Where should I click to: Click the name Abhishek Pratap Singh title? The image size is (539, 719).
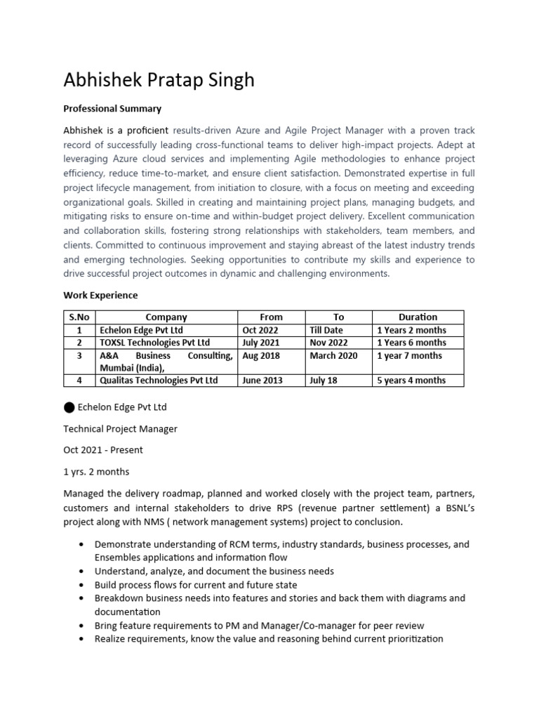coord(159,80)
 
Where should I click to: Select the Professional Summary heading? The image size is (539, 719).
coord(112,109)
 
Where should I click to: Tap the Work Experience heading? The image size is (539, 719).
coord(100,295)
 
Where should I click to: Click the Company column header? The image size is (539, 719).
coord(166,317)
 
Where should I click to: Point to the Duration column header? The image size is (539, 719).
coord(417,317)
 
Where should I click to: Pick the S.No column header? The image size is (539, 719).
coord(79,317)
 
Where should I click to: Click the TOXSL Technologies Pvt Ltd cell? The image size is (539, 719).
coord(154,343)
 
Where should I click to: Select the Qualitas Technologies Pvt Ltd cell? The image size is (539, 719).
coord(159,381)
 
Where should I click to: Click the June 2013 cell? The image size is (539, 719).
coord(261,381)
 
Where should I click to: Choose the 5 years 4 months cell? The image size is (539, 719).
coord(411,381)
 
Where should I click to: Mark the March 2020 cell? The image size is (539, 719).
coord(333,355)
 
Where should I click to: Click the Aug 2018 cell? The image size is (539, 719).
coord(260,355)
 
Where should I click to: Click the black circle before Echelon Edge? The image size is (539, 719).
coord(69,408)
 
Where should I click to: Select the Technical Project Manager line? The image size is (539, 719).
coord(120,428)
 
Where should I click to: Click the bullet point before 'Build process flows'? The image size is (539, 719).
coord(84,585)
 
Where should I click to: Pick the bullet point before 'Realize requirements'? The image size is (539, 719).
coord(84,639)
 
